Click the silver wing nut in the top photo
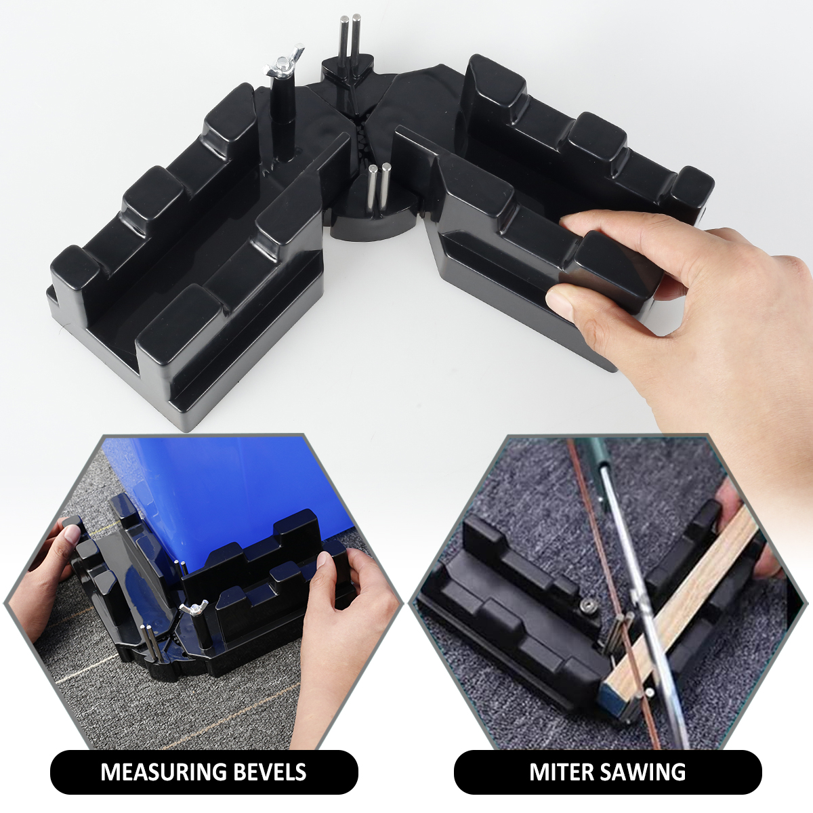283,62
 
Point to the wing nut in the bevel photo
194,608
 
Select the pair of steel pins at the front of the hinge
379,187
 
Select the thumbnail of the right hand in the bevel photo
322,562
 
